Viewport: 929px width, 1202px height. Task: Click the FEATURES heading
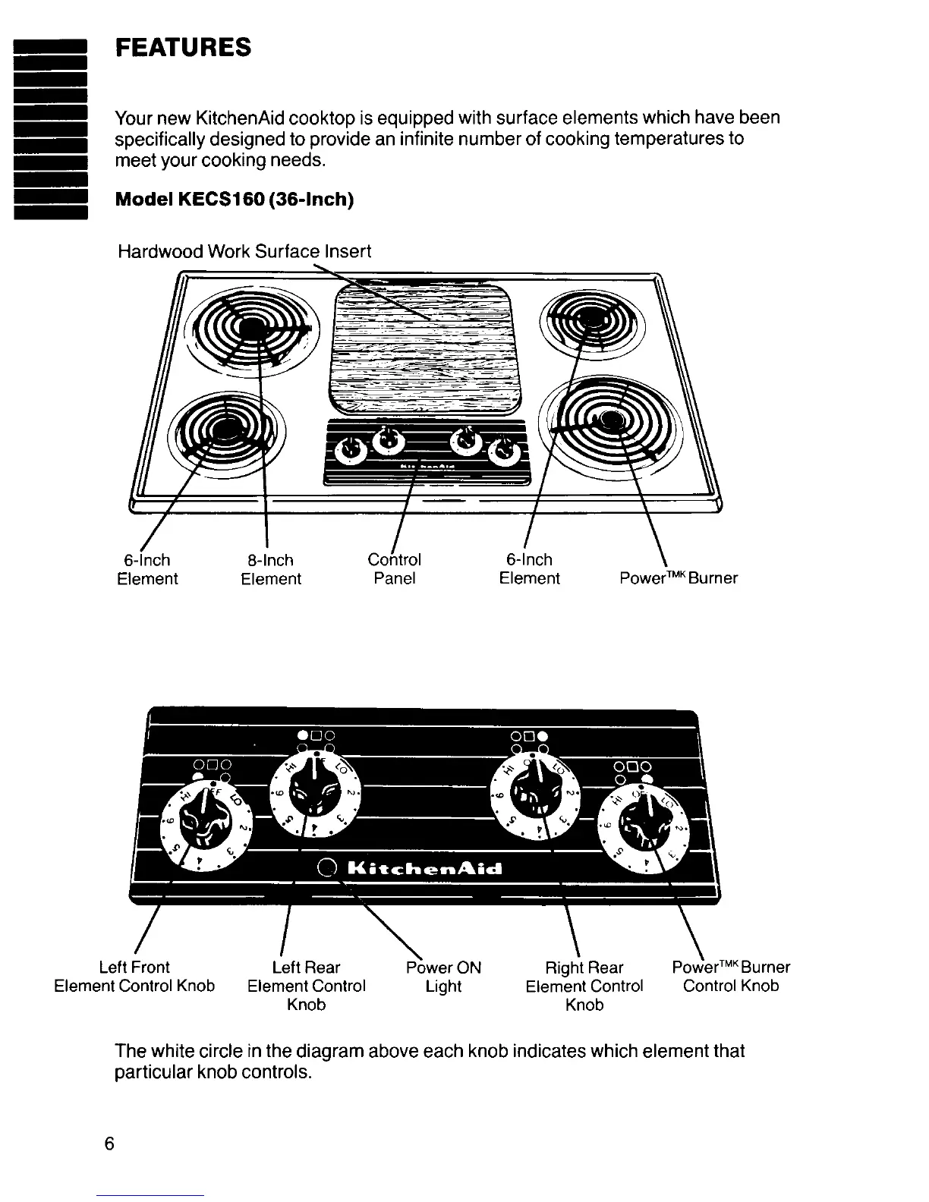point(182,48)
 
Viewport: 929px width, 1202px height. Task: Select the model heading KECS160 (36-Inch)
point(234,200)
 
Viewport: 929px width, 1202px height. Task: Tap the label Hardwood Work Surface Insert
point(244,251)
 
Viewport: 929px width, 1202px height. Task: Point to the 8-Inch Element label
point(271,570)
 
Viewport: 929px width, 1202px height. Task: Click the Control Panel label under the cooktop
point(394,569)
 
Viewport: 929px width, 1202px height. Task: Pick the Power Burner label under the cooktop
point(678,578)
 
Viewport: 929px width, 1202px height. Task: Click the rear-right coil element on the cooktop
point(591,319)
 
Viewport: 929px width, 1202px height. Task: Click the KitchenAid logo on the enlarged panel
point(424,869)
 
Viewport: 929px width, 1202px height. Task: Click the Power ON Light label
point(444,977)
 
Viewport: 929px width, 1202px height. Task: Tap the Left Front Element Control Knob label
point(134,977)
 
